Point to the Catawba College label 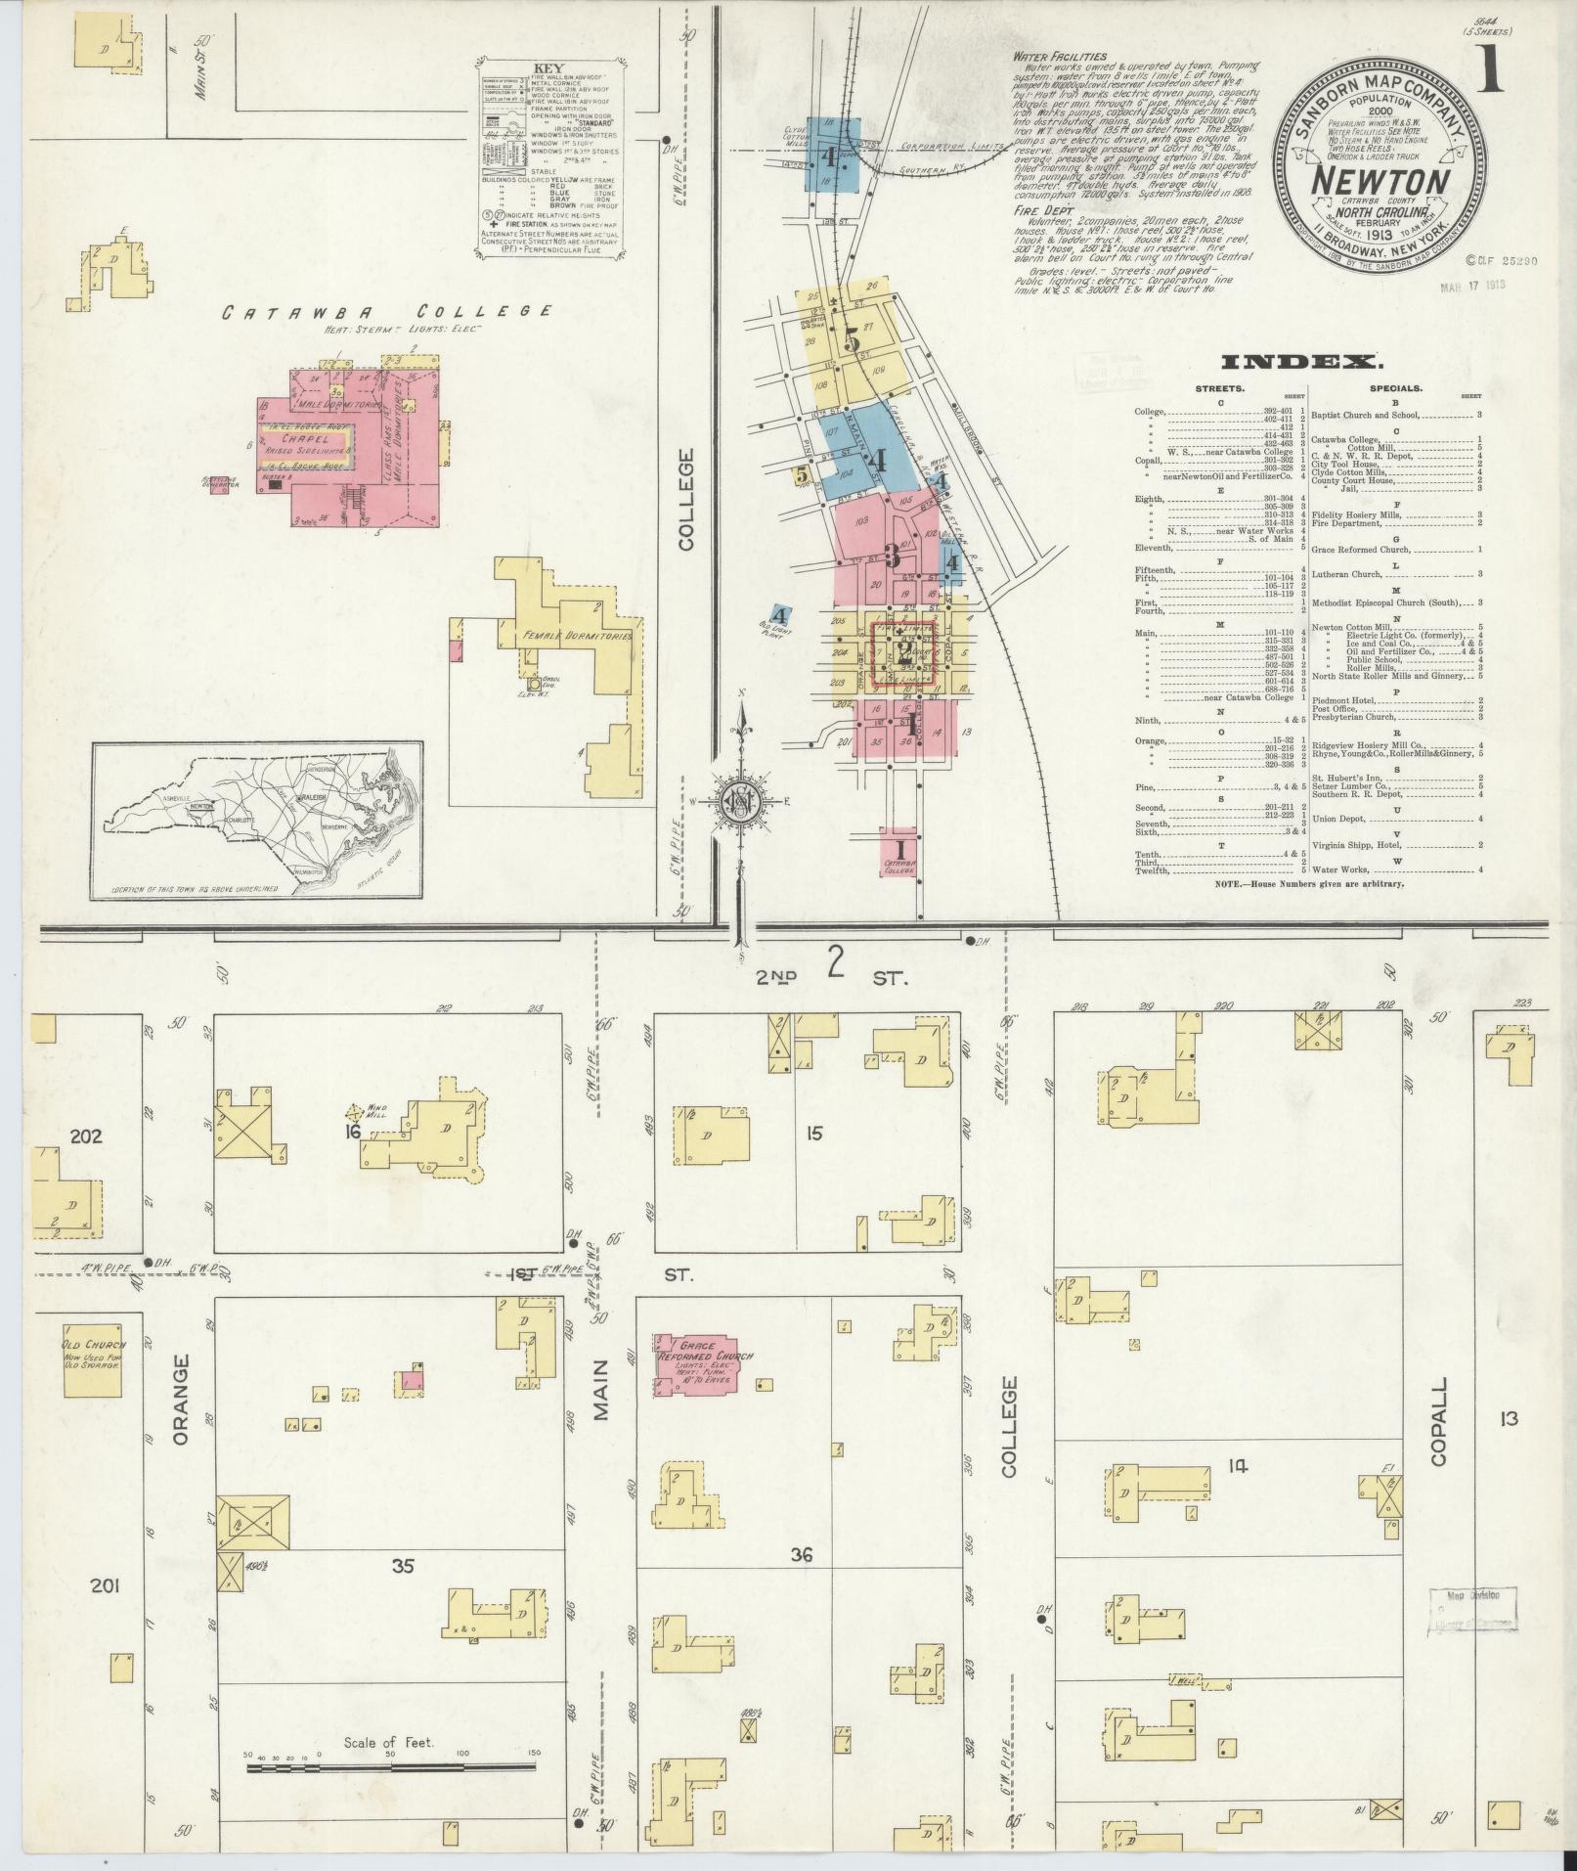point(385,312)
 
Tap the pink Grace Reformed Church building point(695,1364)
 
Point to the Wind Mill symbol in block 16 point(357,1112)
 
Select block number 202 point(86,1137)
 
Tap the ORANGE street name point(179,1413)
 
